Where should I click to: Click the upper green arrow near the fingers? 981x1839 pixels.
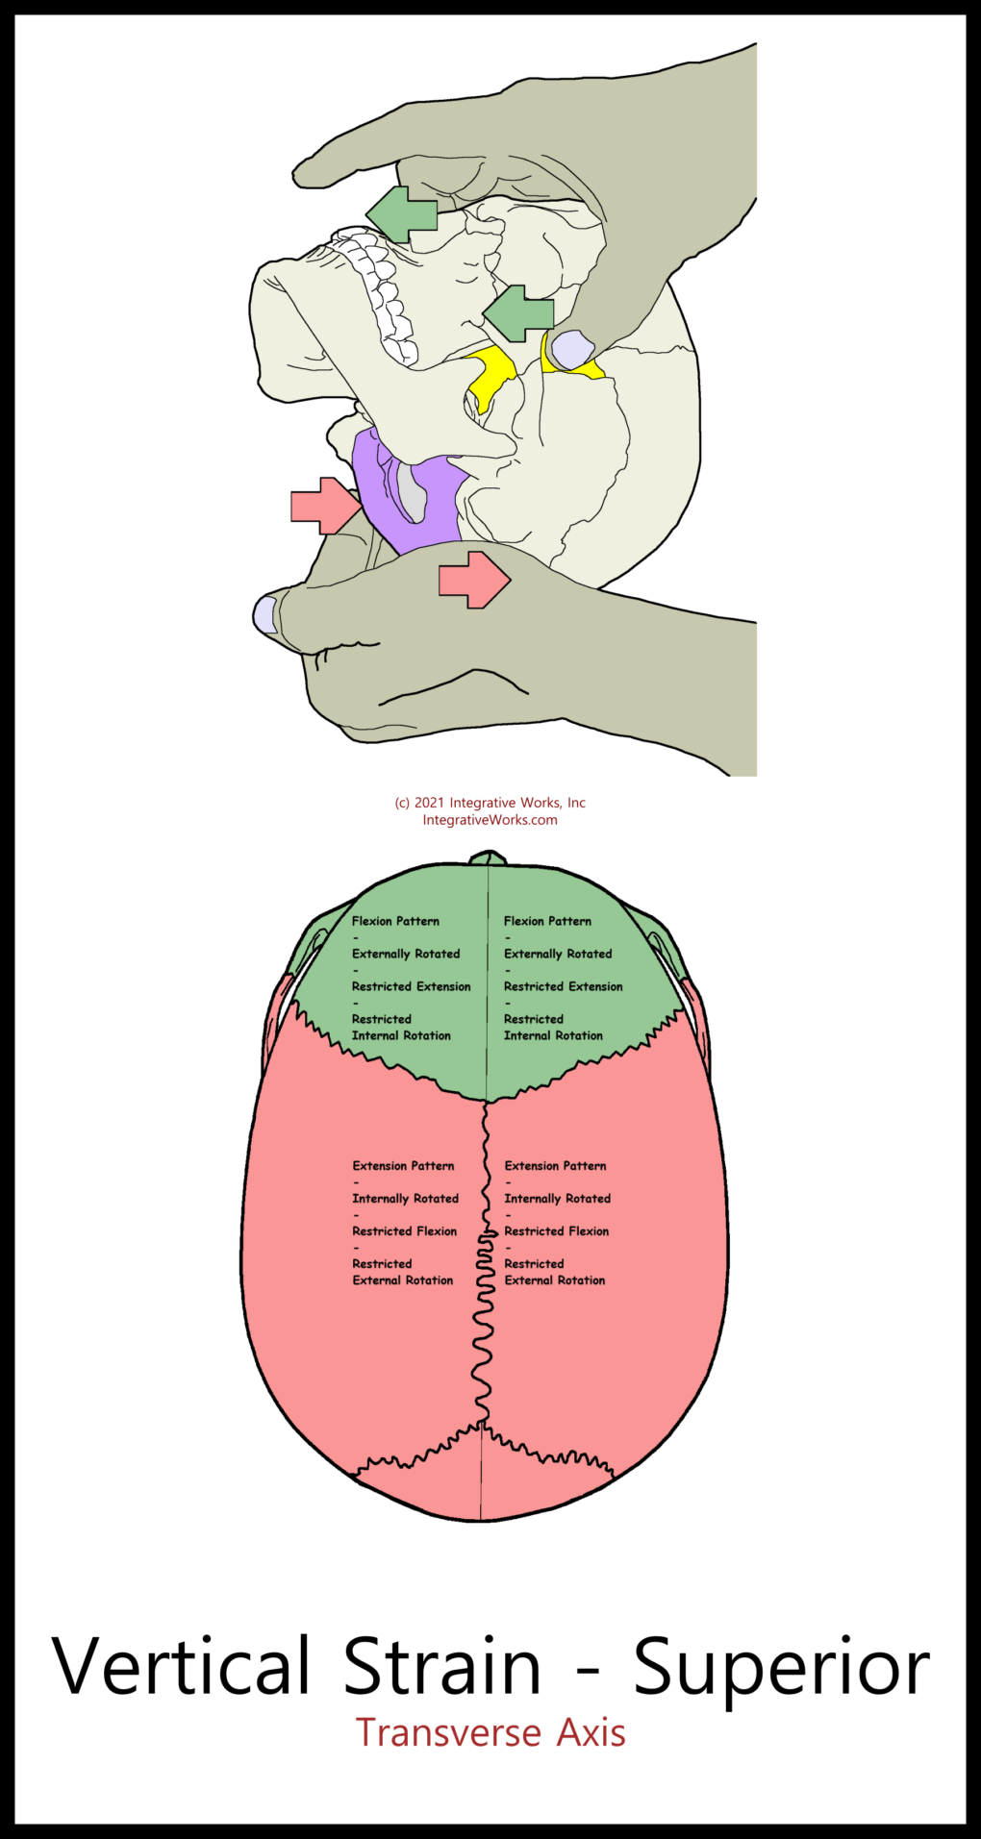pos(402,213)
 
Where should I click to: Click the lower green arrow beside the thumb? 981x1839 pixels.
pos(518,313)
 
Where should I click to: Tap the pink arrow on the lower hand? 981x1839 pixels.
pos(474,580)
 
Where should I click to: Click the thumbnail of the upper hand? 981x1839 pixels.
pos(573,350)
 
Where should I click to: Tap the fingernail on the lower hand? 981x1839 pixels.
pos(264,614)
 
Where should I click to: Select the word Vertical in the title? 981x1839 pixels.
pos(182,1665)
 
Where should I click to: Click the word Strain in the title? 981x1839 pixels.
pos(442,1665)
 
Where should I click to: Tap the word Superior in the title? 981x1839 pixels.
pos(781,1667)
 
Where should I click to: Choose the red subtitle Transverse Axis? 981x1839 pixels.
pos(490,1733)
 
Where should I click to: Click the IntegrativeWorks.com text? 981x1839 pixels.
pos(490,820)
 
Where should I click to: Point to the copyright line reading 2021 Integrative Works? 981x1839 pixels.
pos(490,803)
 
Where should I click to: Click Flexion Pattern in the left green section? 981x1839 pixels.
pos(395,921)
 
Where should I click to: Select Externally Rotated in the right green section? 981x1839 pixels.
pos(558,954)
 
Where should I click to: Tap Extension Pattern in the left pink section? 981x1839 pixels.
pos(403,1166)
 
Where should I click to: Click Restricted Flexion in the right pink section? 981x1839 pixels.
pos(557,1231)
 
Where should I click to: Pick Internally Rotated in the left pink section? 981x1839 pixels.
pos(405,1199)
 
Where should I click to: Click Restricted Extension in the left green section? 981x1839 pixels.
pos(412,986)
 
